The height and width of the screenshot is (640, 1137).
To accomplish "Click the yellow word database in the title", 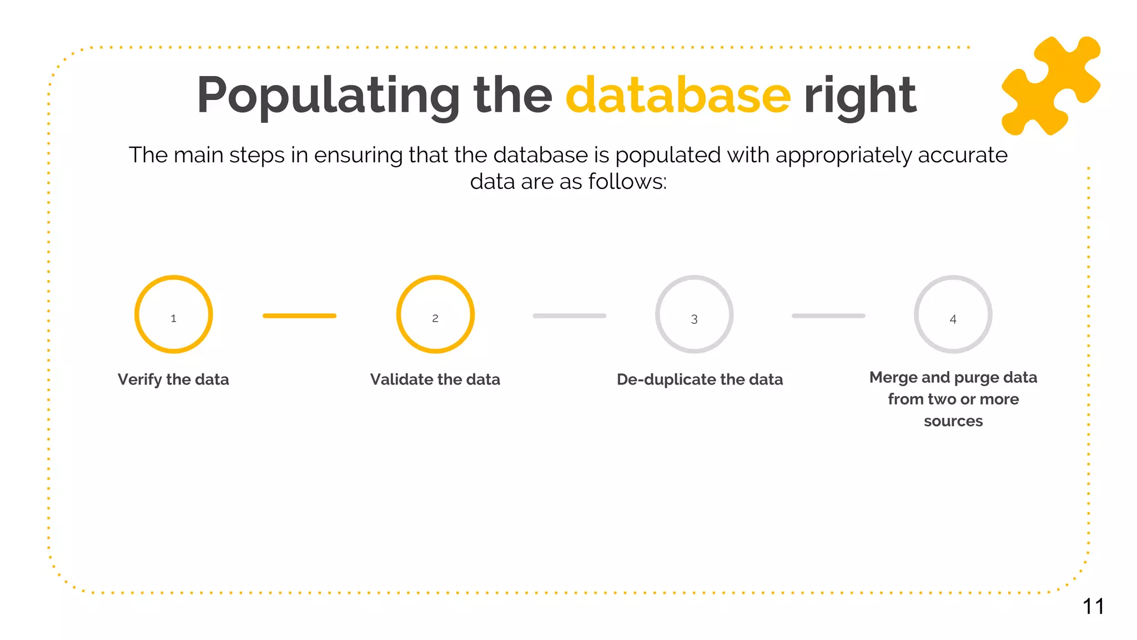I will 678,96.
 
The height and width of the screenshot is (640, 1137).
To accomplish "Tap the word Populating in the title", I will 328,96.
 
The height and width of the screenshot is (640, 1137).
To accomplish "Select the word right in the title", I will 860,96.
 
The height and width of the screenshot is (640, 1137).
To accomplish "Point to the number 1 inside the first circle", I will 173,318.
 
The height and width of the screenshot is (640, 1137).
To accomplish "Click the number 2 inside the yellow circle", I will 435,318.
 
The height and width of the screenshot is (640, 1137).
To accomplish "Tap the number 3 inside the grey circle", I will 694,319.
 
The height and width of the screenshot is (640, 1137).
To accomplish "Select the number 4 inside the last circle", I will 953,319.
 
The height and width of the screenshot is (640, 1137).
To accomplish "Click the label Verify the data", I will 173,379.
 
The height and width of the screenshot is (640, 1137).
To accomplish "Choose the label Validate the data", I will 435,379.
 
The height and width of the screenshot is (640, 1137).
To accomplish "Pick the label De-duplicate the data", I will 700,379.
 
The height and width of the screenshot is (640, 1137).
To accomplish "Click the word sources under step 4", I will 953,421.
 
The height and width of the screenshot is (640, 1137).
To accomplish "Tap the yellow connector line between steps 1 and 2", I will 299,316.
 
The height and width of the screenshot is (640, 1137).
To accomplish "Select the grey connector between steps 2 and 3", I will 569,316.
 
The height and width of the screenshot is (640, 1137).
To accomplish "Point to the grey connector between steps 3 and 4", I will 828,316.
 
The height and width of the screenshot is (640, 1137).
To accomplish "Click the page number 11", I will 1093,606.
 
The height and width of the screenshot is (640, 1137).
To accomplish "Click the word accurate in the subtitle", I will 962,155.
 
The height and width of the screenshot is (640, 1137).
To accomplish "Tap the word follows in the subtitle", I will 627,182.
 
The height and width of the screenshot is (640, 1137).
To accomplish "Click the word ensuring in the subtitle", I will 358,155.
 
